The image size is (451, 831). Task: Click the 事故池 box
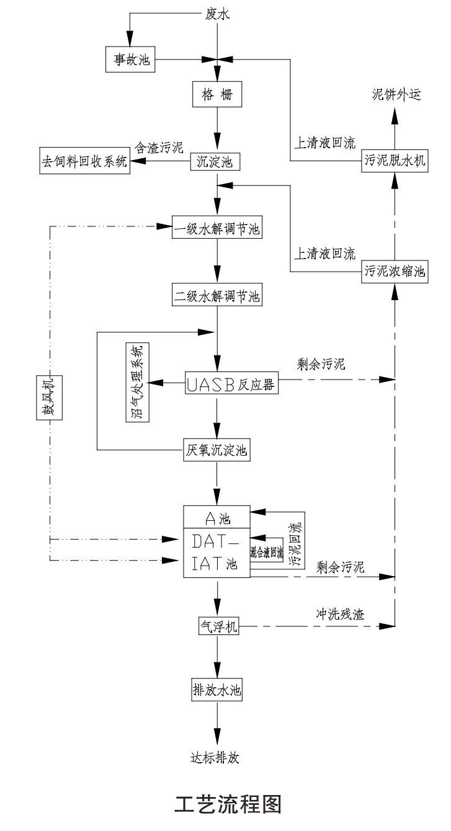pos(128,60)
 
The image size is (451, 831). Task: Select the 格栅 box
pos(217,96)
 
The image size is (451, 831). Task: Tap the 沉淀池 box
pos(215,162)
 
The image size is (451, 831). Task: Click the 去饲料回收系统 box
pos(85,162)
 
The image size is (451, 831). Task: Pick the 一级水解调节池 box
pos(217,228)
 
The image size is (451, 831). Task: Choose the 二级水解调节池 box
pos(217,296)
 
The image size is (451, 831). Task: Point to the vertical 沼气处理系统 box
pos(138,383)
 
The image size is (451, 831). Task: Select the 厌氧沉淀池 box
pos(217,450)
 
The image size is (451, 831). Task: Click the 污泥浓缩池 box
pos(395,272)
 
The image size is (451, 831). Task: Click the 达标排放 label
pos(215,758)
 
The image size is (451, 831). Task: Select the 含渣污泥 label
pos(159,148)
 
